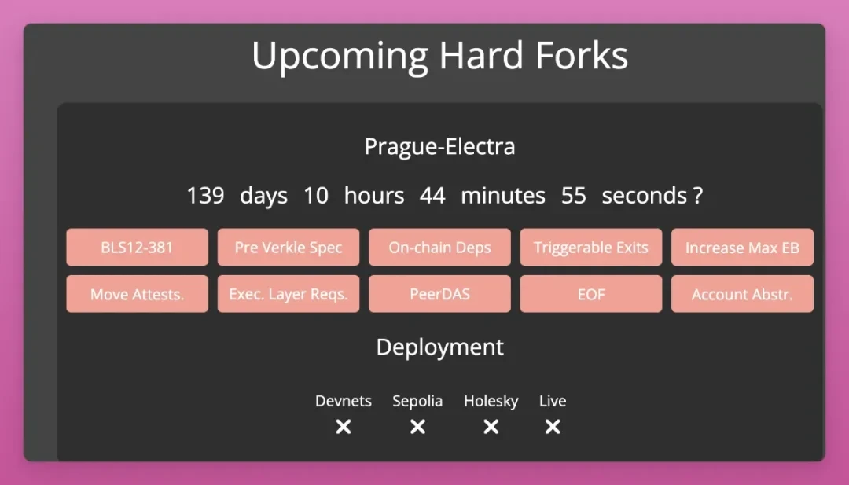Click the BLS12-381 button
[137, 248]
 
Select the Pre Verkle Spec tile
[289, 248]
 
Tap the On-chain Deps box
[439, 248]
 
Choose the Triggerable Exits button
[590, 248]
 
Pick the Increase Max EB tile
[742, 248]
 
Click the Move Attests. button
[137, 294]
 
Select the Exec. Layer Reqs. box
[289, 294]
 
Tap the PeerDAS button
[439, 294]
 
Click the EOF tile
[590, 294]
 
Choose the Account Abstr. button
[742, 294]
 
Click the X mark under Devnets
[344, 427]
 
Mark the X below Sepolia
[417, 427]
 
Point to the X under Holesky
[491, 427]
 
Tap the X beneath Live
[553, 427]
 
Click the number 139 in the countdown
[205, 196]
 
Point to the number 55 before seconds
[573, 196]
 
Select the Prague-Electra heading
[439, 147]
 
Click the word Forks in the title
[582, 56]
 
